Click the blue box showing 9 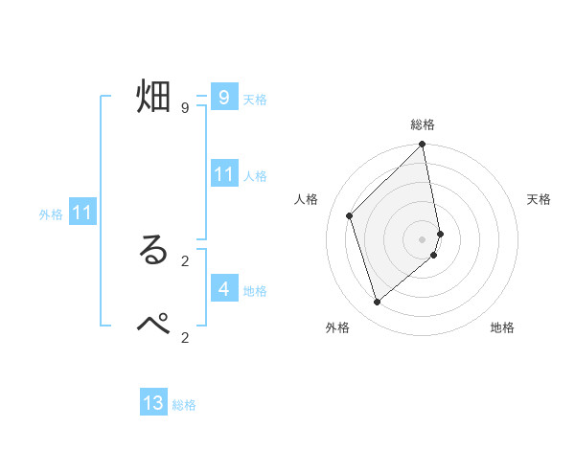(x=223, y=97)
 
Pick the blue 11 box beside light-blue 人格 (x=223, y=174)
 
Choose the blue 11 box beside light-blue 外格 (x=81, y=214)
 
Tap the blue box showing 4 (x=223, y=288)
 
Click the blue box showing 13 (x=153, y=403)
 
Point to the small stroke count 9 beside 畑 (x=184, y=108)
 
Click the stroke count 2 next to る (x=184, y=260)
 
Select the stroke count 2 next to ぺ (x=184, y=336)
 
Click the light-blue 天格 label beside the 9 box (x=255, y=99)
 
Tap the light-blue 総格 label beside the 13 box (x=184, y=405)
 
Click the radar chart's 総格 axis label (x=423, y=125)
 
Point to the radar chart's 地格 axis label (x=502, y=327)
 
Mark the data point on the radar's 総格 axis (x=423, y=146)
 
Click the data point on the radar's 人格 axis (x=350, y=215)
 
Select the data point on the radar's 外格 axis (x=377, y=303)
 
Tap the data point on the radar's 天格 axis (x=440, y=234)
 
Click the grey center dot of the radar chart (x=423, y=238)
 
